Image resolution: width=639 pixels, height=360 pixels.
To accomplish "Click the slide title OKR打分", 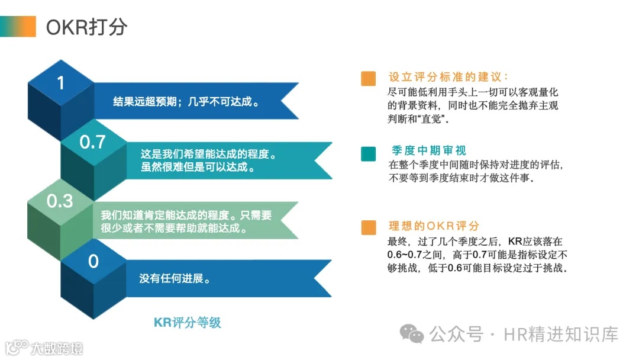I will point(86,27).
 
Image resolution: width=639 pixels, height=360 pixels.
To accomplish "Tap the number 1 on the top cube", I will point(60,82).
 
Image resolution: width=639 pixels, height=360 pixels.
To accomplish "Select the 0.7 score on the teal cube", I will point(92,142).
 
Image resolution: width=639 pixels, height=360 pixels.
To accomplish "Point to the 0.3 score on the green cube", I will point(60,201).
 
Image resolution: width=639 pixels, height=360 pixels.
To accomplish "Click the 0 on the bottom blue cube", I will point(93,261).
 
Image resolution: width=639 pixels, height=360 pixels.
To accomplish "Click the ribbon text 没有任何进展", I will point(176,278).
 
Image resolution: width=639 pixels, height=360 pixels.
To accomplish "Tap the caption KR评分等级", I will point(187,322).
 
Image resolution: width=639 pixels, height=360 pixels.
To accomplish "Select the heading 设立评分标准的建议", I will point(448,78).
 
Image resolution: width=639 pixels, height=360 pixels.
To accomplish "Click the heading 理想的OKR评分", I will point(434,226).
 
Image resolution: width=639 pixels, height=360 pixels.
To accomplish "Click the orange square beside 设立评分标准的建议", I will point(368,79).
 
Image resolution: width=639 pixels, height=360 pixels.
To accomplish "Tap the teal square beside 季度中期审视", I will point(368,154).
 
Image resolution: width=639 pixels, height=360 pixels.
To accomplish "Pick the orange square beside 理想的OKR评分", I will point(368,227).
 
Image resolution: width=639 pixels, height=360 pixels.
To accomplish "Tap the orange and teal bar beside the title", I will point(18,27).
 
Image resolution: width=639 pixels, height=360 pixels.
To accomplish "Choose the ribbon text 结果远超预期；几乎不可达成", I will point(187,101).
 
